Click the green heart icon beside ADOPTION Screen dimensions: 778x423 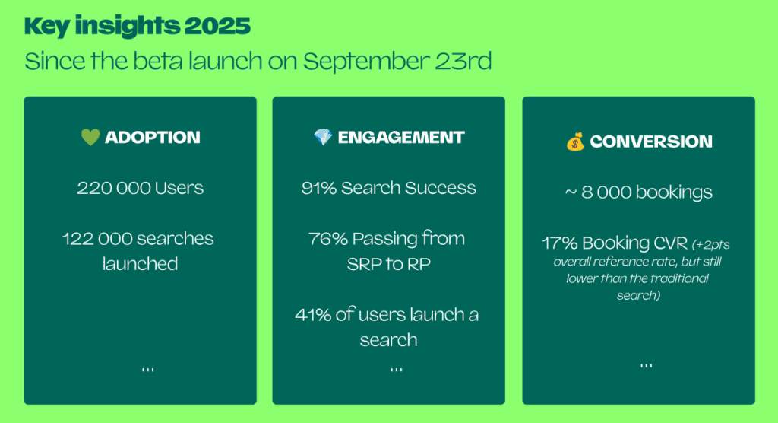[x=90, y=137]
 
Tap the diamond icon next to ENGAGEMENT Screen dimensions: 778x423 [x=323, y=137]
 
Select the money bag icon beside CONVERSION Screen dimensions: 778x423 [x=575, y=142]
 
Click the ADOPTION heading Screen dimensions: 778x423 [x=152, y=137]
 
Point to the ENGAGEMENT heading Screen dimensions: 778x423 [x=401, y=137]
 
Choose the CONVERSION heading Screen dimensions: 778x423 [x=651, y=142]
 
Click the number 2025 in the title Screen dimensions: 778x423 [x=217, y=26]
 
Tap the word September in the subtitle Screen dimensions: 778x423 [x=365, y=62]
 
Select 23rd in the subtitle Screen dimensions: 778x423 [x=463, y=61]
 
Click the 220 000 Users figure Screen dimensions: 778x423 [x=140, y=188]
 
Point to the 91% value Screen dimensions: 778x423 [x=318, y=188]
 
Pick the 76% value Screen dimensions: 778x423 [x=328, y=239]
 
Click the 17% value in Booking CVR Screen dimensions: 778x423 [x=560, y=243]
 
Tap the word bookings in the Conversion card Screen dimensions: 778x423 [x=674, y=192]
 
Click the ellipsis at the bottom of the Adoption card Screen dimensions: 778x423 [x=148, y=370]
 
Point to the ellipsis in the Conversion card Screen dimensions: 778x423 [x=646, y=366]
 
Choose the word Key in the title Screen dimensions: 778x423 [x=46, y=27]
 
